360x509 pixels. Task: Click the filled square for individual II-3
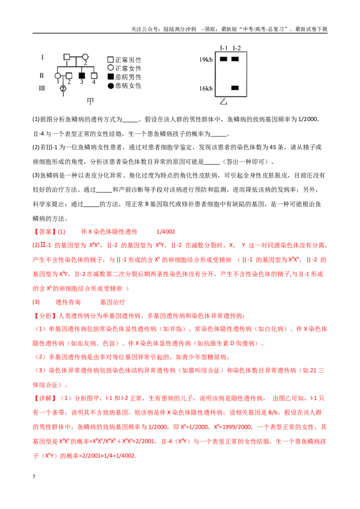(x=82, y=76)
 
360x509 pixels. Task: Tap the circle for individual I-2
(x=85, y=57)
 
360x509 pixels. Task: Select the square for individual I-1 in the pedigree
(x=67, y=57)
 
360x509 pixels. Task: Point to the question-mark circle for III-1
(x=63, y=88)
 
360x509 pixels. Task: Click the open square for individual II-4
(x=94, y=76)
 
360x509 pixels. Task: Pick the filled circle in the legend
(x=110, y=86)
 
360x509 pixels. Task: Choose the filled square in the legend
(x=110, y=77)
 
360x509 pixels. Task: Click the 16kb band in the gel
(x=235, y=88)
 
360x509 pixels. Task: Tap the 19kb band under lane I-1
(x=224, y=59)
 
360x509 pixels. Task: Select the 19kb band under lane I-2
(x=235, y=59)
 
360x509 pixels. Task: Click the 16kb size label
(x=206, y=88)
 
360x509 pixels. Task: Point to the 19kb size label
(x=206, y=59)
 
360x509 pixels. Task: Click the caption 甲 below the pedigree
(x=90, y=102)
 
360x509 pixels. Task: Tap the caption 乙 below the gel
(x=224, y=102)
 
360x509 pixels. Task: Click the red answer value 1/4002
(x=166, y=232)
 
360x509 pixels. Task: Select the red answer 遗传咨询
(x=68, y=302)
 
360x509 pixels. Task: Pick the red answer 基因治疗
(x=112, y=302)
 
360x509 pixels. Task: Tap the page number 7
(x=34, y=477)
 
